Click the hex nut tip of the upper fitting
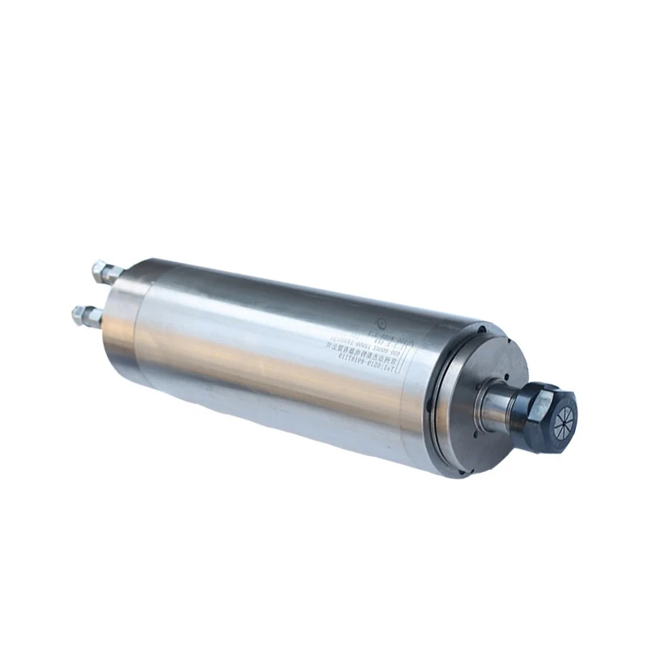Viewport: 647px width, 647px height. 96,268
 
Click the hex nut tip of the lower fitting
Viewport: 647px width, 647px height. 78,311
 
